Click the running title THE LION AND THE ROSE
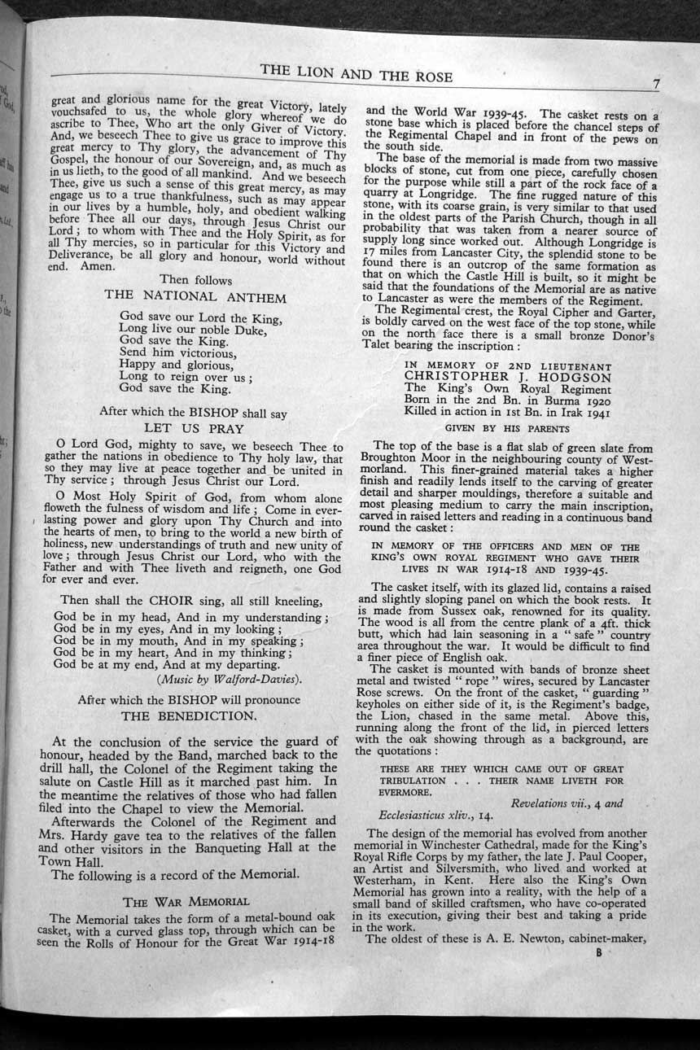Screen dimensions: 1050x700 (357, 74)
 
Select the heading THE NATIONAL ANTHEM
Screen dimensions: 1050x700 (195, 296)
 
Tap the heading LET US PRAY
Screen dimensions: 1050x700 (194, 427)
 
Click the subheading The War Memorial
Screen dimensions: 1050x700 (186, 902)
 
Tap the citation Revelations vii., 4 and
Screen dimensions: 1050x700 (567, 803)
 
